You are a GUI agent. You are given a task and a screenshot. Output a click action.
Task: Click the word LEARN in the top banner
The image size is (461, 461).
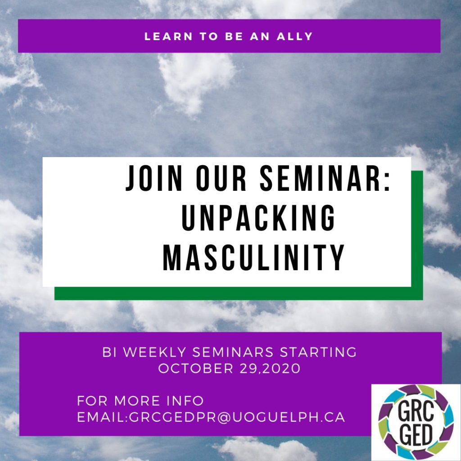168,36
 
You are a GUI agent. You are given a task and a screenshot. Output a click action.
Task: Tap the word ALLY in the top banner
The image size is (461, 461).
295,36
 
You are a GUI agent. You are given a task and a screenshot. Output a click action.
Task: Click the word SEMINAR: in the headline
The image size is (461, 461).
325,178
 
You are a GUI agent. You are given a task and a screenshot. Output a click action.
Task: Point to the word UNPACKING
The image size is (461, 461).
258,218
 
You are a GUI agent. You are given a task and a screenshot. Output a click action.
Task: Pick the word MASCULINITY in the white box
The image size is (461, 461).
253,258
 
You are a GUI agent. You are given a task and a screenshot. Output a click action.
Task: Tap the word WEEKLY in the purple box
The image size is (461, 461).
155,352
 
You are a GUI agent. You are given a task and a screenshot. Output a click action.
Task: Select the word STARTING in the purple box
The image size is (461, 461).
318,352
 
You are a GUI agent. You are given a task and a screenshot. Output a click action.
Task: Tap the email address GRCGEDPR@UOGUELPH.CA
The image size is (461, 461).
237,417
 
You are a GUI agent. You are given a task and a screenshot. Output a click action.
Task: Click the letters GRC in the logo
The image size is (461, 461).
416,411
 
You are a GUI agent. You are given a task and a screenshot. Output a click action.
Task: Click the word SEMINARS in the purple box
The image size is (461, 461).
233,352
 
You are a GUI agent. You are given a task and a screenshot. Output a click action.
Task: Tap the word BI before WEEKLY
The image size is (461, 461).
109,352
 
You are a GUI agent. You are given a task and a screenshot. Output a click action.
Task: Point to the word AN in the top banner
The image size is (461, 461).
260,36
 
